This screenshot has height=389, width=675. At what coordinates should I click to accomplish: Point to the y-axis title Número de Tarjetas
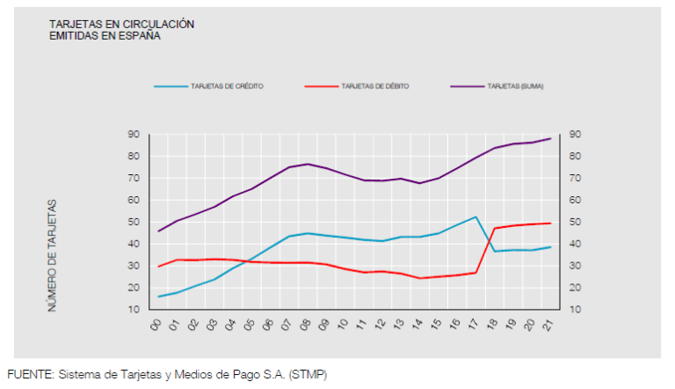click(53, 255)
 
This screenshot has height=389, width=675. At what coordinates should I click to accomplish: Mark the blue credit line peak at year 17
click(475, 217)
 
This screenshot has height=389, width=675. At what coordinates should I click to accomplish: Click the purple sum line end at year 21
click(550, 138)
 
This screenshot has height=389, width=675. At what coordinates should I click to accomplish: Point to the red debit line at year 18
click(495, 228)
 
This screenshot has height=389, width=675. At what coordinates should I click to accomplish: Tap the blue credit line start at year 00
click(159, 297)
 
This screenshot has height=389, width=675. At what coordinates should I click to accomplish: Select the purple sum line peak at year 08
click(308, 164)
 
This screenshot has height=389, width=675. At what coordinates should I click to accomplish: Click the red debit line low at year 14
click(420, 278)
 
